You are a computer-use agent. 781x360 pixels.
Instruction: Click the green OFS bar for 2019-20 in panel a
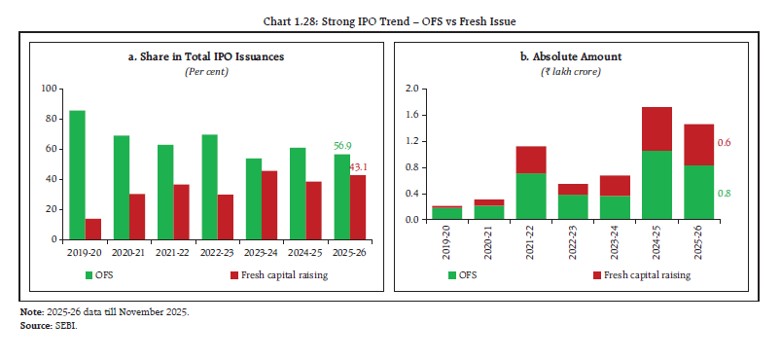tap(77, 175)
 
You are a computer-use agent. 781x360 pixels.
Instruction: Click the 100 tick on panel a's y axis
tap(49, 89)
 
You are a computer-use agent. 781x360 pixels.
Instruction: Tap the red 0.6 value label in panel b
tap(724, 143)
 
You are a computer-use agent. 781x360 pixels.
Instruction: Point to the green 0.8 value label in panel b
tap(724, 193)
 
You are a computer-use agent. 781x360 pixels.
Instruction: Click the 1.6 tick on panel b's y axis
tap(411, 115)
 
